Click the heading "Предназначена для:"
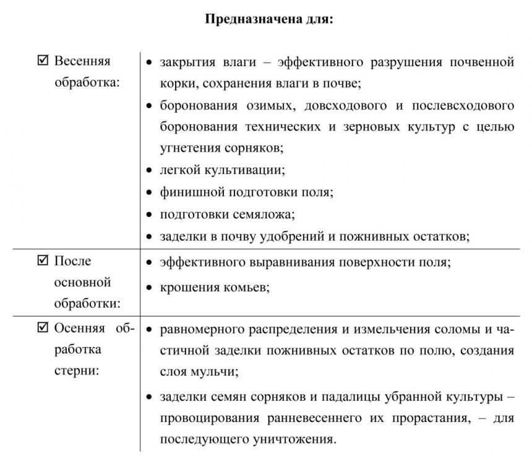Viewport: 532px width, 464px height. click(268, 20)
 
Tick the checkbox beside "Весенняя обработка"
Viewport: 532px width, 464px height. click(43, 61)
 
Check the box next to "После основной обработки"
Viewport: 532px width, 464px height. click(43, 261)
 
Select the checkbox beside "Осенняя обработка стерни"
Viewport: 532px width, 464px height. click(43, 329)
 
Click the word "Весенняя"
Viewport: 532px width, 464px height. click(82, 62)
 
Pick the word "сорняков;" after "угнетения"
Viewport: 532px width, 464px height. click(256, 148)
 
